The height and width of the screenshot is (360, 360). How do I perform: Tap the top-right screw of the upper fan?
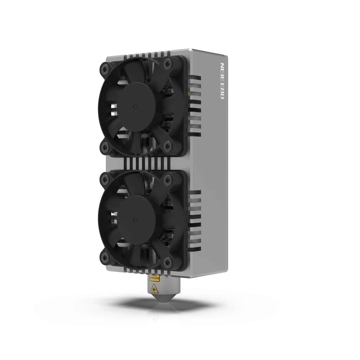coord(167,63)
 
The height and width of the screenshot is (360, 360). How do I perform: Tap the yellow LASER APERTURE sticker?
coord(154,278)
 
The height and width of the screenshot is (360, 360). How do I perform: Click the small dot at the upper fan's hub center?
coord(135,106)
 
